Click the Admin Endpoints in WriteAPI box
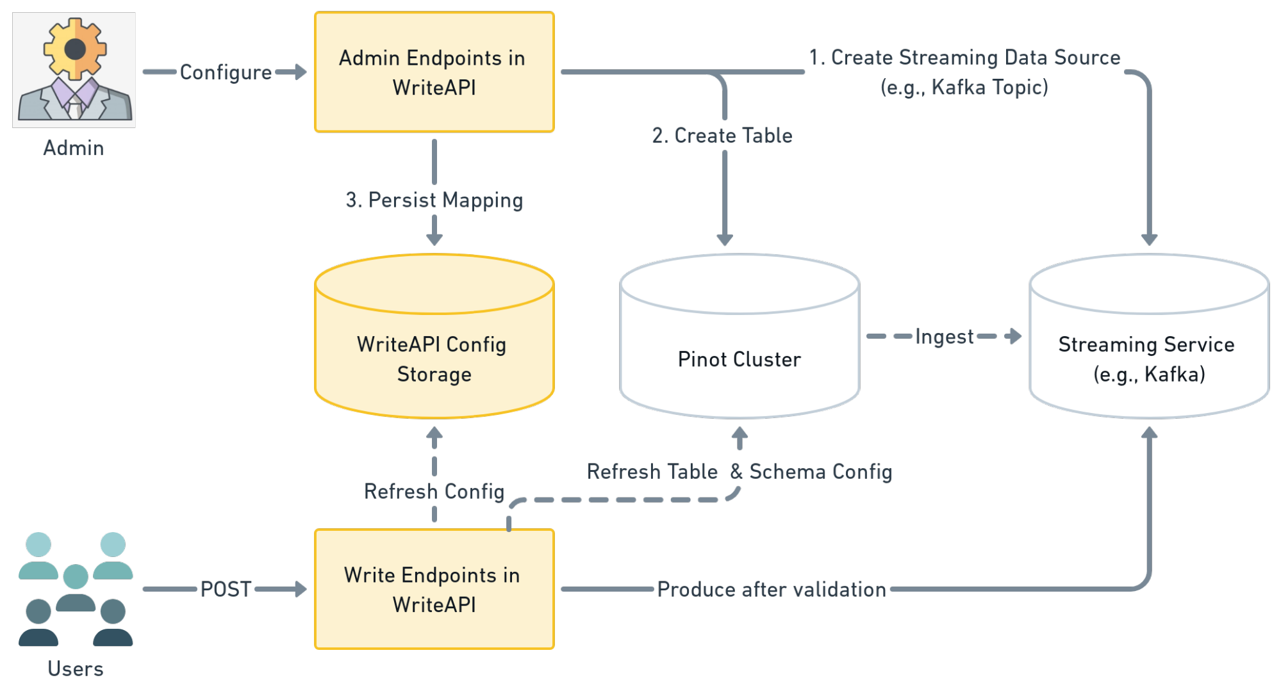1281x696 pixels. tap(434, 72)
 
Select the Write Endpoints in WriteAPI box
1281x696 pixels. tap(434, 589)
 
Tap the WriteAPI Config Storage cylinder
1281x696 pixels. tap(434, 359)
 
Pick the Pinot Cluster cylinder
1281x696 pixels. tap(739, 359)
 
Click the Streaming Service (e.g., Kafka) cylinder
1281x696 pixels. tap(1148, 359)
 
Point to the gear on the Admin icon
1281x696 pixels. tap(75, 49)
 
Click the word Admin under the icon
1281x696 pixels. tap(73, 148)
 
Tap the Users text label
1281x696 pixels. tap(75, 668)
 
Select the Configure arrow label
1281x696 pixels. tap(225, 72)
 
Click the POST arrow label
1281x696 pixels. tap(226, 589)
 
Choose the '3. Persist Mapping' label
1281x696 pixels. tap(434, 200)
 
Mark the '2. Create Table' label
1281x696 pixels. tap(722, 136)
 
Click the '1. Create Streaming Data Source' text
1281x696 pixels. tap(964, 58)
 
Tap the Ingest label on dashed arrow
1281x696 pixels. tap(945, 336)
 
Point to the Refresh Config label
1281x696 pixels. tap(434, 491)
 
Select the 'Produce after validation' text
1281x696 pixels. tap(772, 589)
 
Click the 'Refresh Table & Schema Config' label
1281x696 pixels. tap(739, 472)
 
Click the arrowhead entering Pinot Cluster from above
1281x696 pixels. tap(725, 239)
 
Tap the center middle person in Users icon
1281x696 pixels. tap(76, 587)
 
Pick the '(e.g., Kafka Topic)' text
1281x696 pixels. tap(964, 87)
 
